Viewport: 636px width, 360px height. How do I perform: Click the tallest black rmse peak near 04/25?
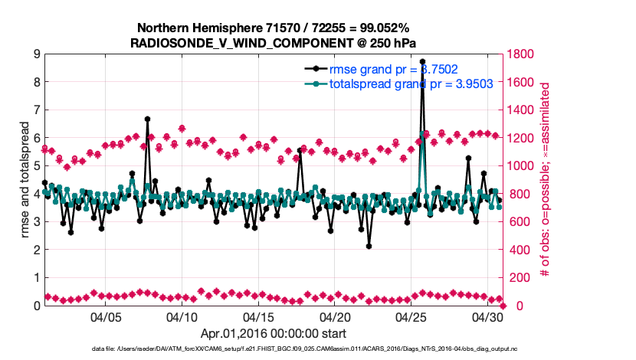pos(422,61)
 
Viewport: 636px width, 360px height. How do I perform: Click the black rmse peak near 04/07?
pos(147,119)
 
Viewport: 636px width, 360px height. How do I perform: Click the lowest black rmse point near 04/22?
pos(369,246)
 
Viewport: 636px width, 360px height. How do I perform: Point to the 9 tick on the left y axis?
pos(36,54)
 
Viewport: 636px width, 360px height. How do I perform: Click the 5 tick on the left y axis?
pos(36,165)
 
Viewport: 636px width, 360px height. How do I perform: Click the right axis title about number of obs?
pos(546,179)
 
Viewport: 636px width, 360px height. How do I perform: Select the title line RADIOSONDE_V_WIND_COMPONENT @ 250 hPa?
pos(274,42)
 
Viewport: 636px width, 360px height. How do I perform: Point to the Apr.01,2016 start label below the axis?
pos(274,333)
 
